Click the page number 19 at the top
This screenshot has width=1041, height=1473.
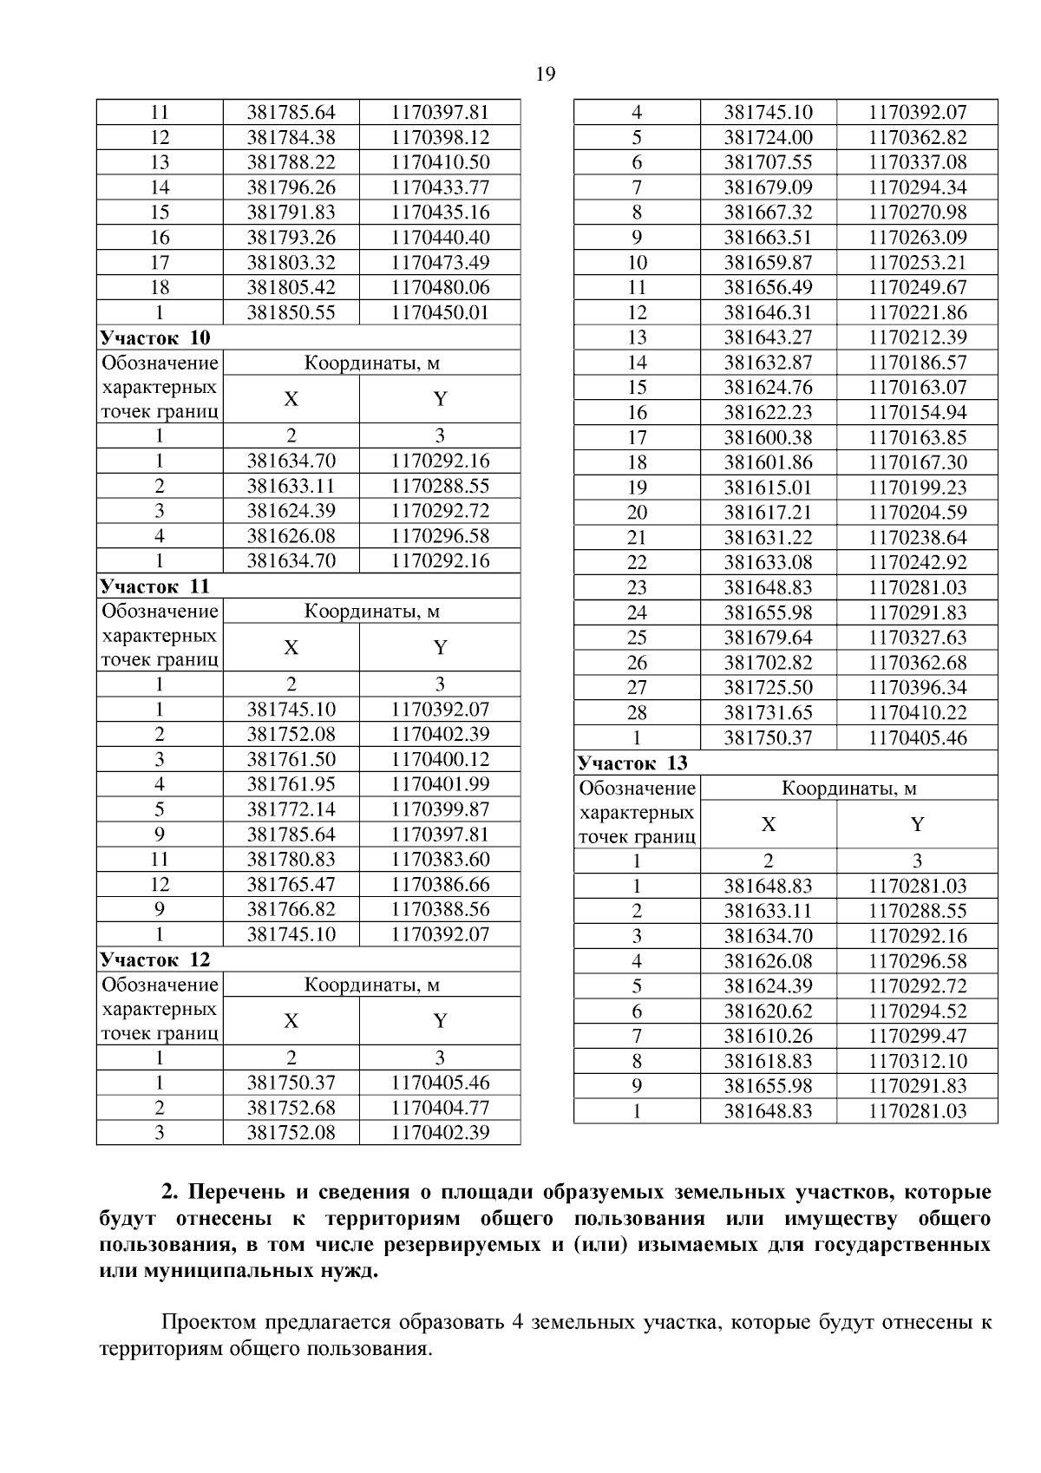click(546, 75)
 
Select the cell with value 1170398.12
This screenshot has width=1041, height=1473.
click(440, 137)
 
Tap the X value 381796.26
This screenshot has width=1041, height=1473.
click(291, 187)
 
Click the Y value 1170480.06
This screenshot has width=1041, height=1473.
click(440, 288)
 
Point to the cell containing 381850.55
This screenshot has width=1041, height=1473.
click(291, 313)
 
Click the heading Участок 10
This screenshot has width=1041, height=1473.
click(155, 337)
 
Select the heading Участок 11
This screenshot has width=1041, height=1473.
click(155, 586)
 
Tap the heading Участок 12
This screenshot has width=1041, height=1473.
click(155, 959)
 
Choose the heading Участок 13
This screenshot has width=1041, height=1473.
click(632, 763)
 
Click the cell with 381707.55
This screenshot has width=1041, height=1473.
click(768, 162)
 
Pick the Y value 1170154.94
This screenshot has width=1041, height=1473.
click(917, 413)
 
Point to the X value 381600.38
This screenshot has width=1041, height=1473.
click(768, 438)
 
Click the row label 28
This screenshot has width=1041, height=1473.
click(637, 713)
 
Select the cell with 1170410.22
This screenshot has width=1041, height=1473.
click(917, 713)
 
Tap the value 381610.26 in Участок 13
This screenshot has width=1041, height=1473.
click(768, 1037)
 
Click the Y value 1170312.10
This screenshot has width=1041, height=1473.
click(917, 1062)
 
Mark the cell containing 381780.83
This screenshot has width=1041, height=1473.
click(291, 860)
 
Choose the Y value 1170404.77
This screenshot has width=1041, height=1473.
click(440, 1109)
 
